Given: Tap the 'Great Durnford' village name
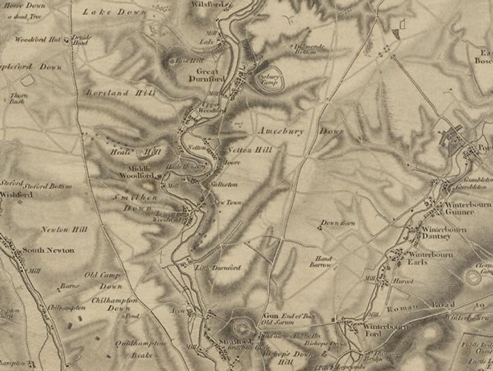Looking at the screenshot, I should tap(212, 74).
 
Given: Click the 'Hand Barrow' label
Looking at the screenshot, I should tap(320, 260).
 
